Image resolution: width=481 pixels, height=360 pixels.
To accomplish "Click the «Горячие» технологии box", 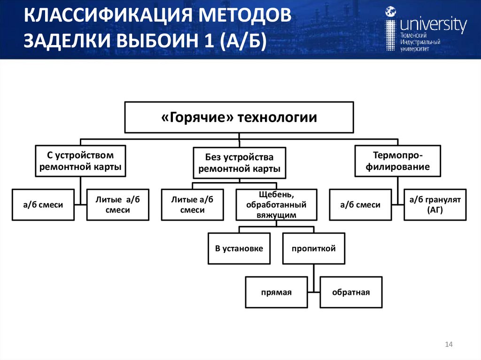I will [x=239, y=117].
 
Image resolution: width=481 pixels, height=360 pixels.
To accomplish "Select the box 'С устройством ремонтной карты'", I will [x=81, y=161].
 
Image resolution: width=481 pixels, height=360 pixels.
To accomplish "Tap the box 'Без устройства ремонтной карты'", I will [x=239, y=163].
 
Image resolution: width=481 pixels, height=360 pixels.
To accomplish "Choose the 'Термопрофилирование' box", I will [x=397, y=161].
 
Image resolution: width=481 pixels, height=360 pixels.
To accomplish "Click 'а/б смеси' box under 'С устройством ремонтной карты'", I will [x=43, y=205].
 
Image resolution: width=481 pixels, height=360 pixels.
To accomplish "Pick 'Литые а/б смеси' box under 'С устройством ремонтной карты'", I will [x=117, y=205].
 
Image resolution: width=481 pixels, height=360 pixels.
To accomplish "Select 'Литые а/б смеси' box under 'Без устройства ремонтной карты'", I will [x=192, y=205].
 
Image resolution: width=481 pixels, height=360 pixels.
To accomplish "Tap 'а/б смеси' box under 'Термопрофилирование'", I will [x=360, y=205].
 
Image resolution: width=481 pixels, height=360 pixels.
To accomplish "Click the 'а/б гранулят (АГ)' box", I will [x=435, y=205].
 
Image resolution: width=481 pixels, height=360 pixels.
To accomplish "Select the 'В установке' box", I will [x=239, y=248].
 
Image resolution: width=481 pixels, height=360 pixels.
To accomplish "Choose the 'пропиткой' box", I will [x=313, y=248].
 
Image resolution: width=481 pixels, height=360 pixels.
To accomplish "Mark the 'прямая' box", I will [x=277, y=292].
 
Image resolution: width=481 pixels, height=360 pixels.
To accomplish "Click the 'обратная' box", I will [x=351, y=292].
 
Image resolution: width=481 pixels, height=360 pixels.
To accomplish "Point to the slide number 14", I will [x=448, y=345].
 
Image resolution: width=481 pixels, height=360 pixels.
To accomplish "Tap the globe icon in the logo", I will [x=390, y=12].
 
